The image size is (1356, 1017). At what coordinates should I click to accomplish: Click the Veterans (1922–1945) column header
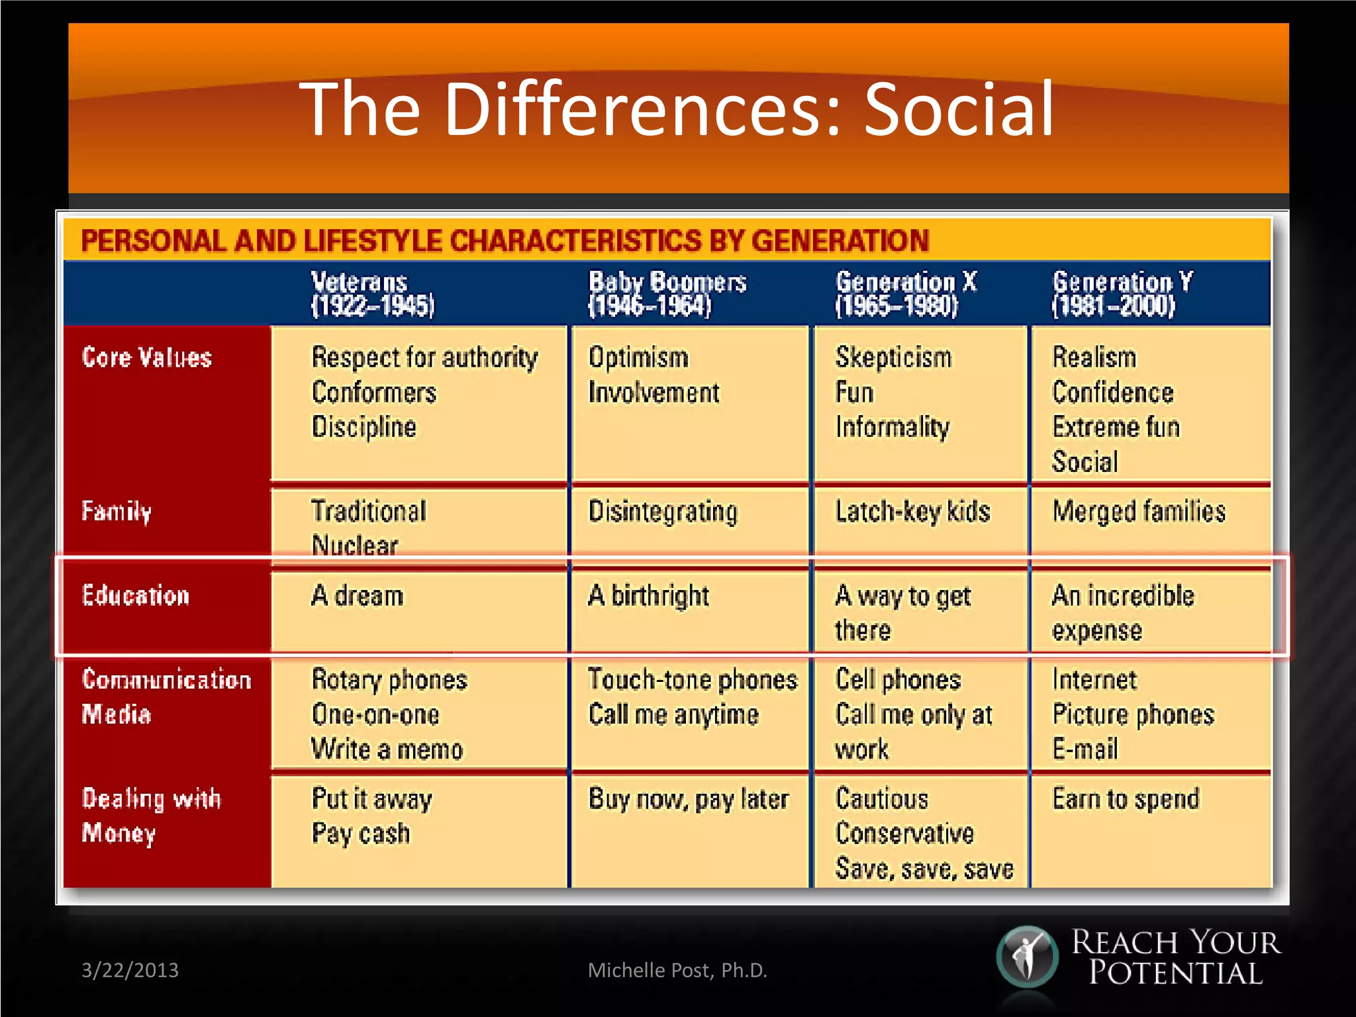(373, 293)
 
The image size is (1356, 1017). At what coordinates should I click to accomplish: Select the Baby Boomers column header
(667, 293)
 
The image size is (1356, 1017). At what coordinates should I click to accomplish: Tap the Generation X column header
(905, 293)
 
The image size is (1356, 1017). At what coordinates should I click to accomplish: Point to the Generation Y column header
(1122, 293)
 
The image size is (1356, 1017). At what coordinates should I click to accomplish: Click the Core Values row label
(147, 358)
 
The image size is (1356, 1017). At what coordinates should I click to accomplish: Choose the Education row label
(136, 596)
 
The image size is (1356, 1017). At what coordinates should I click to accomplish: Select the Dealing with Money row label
(151, 816)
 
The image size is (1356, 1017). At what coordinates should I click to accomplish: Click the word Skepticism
(893, 358)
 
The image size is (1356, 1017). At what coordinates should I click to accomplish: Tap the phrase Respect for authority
(424, 358)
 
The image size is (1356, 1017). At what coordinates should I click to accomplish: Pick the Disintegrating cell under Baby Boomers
(663, 512)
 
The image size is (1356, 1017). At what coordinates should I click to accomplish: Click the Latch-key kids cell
(912, 512)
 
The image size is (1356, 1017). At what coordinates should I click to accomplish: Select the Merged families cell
(1139, 512)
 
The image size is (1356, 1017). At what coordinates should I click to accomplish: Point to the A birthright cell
(648, 596)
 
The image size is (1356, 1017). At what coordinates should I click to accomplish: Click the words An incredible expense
(1123, 613)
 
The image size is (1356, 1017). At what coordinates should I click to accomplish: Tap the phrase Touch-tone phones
(693, 680)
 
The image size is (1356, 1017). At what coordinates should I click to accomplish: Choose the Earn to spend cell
(1126, 799)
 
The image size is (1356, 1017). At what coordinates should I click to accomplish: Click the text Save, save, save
(924, 869)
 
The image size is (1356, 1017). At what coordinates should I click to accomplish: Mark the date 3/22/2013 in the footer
(130, 970)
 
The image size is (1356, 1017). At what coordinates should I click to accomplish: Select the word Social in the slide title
(959, 109)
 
